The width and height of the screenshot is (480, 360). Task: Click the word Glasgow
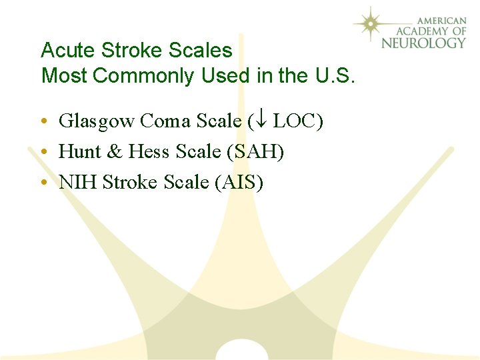(96, 121)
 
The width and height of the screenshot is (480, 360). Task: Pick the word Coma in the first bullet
(167, 121)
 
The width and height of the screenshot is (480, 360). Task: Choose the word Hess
(149, 152)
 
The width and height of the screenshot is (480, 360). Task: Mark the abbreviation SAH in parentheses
(256, 152)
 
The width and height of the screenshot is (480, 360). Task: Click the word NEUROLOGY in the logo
(423, 43)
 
